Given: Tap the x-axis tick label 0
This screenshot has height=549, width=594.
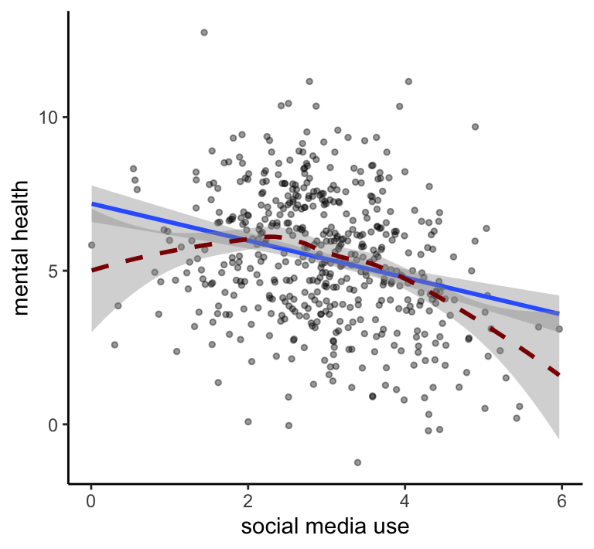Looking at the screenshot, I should [91, 500].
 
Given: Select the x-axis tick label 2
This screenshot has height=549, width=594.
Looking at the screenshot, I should [247, 500].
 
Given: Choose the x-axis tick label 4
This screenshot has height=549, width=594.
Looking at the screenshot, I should [405, 500].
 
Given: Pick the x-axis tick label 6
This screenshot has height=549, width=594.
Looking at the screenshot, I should [562, 500].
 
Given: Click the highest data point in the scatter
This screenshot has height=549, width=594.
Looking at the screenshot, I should [204, 32].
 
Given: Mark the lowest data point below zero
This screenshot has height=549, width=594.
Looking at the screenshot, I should [357, 462].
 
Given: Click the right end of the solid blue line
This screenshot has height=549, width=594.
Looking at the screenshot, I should [559, 313].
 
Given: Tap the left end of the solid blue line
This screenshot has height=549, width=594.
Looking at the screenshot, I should [92, 204].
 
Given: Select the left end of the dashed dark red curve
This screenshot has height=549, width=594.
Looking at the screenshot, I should [92, 270].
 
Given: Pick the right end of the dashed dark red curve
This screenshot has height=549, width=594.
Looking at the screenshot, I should [559, 375].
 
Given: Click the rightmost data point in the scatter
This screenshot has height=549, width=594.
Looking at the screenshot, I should [559, 329].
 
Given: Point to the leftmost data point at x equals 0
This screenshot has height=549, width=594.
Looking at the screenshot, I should [91, 245].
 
